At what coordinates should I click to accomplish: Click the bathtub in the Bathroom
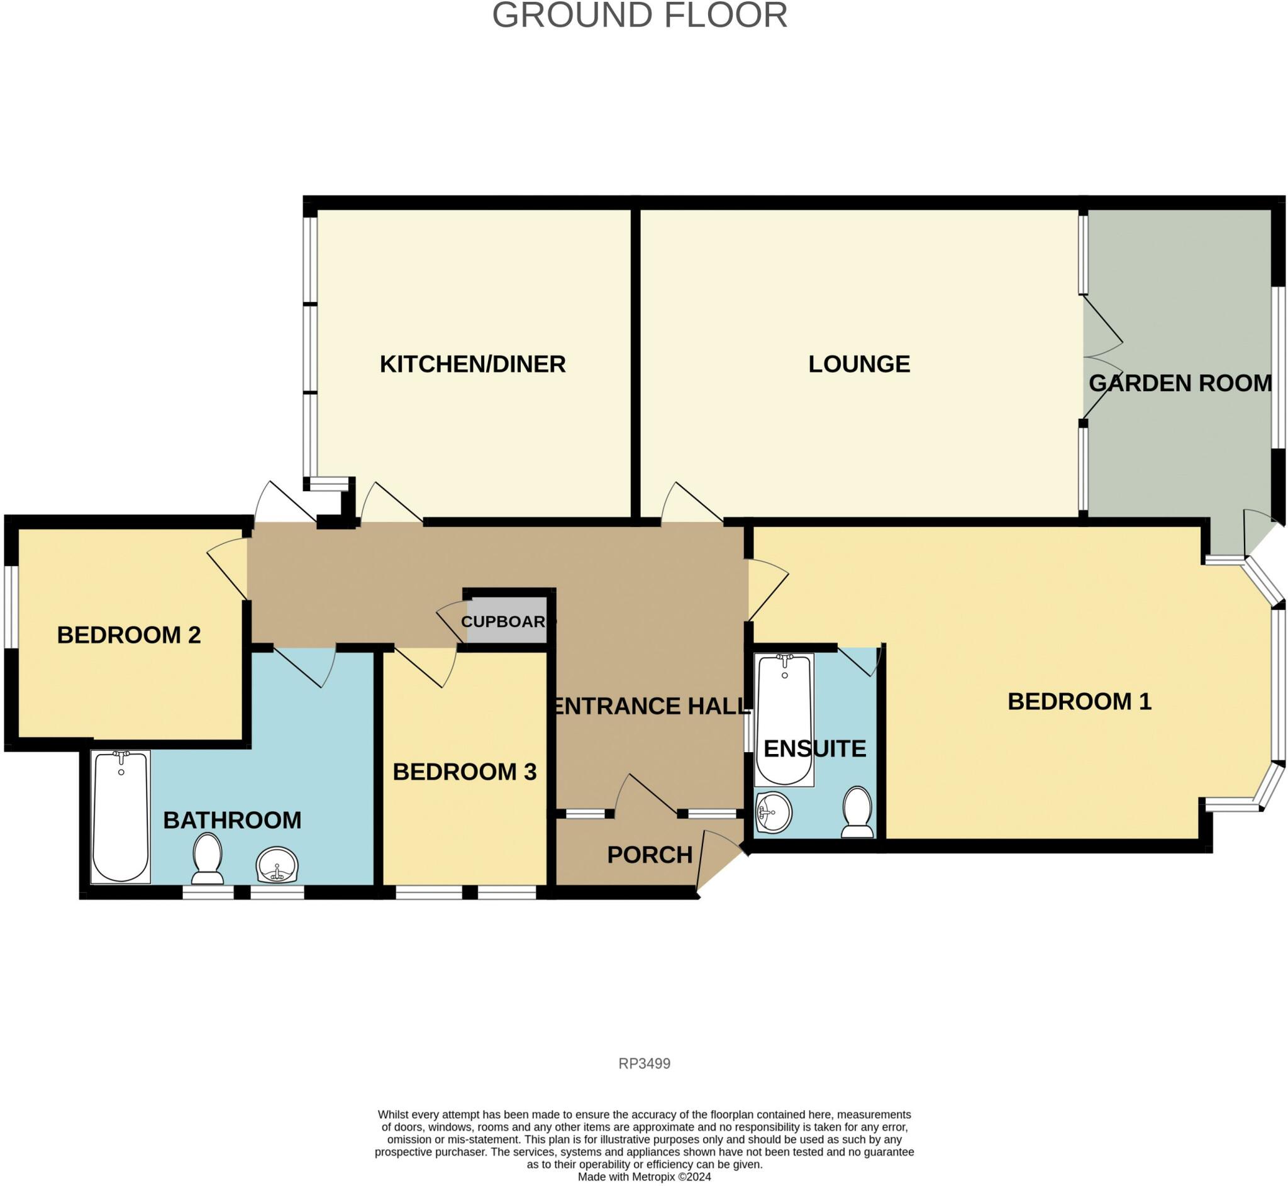tap(121, 817)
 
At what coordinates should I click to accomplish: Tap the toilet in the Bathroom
tap(208, 859)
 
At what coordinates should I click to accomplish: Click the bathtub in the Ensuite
tap(784, 720)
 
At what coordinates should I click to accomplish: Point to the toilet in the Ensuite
tap(857, 812)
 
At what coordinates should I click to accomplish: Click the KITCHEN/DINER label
tap(472, 365)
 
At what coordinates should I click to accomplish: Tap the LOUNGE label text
tap(858, 365)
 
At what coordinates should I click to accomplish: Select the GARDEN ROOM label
tap(1180, 384)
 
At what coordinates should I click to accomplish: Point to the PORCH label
tap(650, 855)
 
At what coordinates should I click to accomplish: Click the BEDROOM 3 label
tap(464, 772)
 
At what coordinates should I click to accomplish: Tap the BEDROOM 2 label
tap(129, 635)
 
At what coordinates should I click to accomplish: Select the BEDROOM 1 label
tap(1079, 701)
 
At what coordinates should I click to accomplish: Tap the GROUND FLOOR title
tap(639, 15)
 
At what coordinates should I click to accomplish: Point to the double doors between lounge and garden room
tap(1101, 358)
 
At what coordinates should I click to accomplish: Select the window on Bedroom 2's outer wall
tap(11, 607)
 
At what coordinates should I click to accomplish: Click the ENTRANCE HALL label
tap(650, 707)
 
